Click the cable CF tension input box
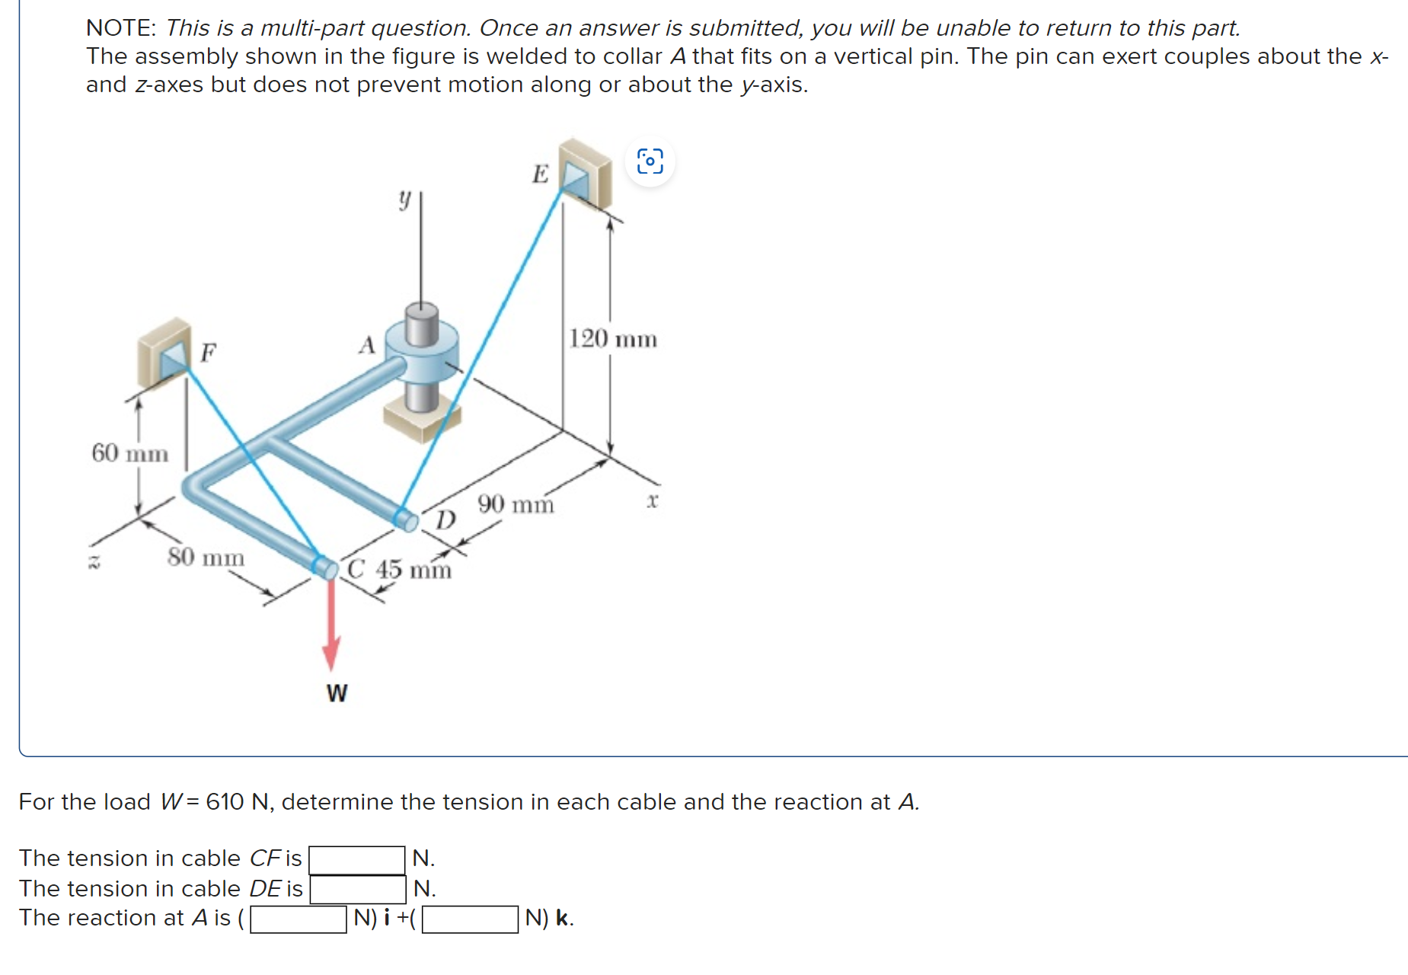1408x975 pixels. click(x=356, y=859)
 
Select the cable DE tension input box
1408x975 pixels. click(x=357, y=889)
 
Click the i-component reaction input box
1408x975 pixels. click(x=299, y=919)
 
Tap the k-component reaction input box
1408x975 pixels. click(x=470, y=919)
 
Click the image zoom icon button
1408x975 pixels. click(x=650, y=161)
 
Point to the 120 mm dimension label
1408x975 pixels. click(x=613, y=339)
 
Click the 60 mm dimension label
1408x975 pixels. click(x=129, y=453)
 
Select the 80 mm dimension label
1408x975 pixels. click(x=206, y=558)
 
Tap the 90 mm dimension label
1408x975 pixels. click(x=516, y=504)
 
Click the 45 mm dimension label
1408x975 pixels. click(x=413, y=570)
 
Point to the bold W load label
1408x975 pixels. click(x=337, y=693)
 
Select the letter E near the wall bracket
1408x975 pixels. click(x=540, y=174)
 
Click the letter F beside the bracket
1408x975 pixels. click(x=208, y=353)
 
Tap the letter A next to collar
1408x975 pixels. click(x=367, y=345)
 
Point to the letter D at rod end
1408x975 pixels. click(x=445, y=520)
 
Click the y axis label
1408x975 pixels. click(x=404, y=200)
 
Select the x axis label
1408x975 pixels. click(x=652, y=501)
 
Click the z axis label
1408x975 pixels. click(x=94, y=564)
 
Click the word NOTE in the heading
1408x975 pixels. click(x=120, y=28)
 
